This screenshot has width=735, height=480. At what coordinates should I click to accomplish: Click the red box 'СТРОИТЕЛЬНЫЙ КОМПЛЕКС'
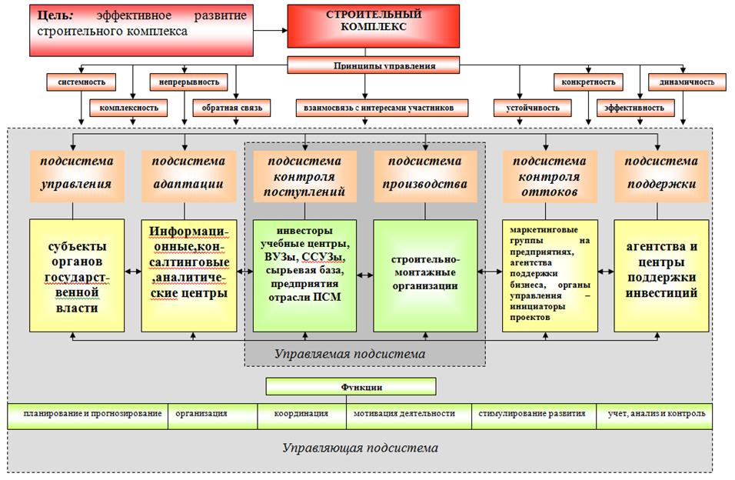click(x=373, y=26)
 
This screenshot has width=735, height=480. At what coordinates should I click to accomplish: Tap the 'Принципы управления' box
click(x=373, y=65)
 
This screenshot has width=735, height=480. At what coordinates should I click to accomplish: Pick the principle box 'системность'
click(x=81, y=82)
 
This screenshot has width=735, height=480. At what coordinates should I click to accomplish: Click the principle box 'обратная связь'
click(x=231, y=108)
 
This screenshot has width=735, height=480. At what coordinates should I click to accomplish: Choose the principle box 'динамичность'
click(x=687, y=82)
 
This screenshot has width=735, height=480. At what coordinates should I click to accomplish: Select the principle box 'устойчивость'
click(x=533, y=108)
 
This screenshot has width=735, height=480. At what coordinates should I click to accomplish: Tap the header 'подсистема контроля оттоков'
click(x=550, y=176)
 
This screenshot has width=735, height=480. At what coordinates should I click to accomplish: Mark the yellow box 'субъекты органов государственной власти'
click(x=77, y=275)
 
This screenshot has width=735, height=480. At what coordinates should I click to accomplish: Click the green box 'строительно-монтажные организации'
click(x=425, y=275)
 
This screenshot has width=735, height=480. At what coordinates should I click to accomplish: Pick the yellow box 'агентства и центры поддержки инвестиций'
click(x=661, y=275)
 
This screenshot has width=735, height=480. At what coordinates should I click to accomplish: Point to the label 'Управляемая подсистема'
click(x=350, y=354)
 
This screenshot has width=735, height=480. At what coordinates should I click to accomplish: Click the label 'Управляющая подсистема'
click(x=360, y=448)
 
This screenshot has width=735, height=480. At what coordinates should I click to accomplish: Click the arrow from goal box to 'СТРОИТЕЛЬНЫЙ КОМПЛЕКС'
click(x=271, y=31)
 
